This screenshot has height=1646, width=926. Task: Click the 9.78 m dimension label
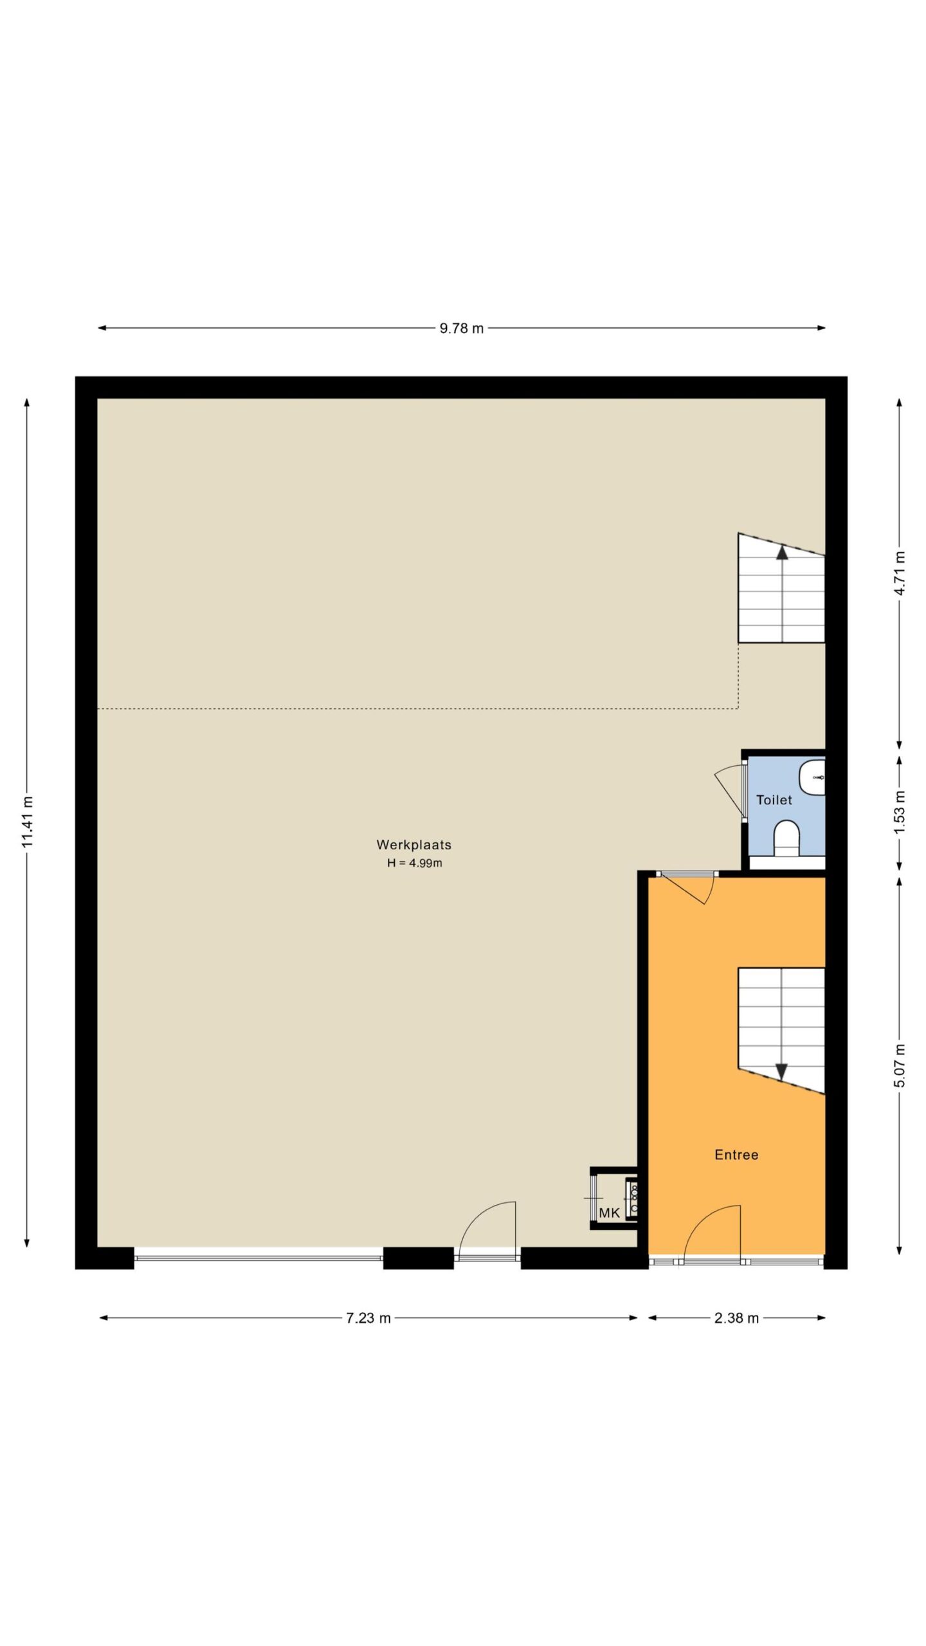461,329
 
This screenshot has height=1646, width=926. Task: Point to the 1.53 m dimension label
900,812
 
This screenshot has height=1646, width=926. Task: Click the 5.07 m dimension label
900,1065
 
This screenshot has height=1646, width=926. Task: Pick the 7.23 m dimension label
368,1318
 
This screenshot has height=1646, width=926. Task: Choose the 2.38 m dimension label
736,1318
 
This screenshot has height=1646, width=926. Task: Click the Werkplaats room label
414,845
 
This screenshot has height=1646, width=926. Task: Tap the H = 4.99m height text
414,864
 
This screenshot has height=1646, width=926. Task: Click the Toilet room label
774,800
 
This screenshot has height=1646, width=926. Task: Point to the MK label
610,1213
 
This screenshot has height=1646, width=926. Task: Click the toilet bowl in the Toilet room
786,838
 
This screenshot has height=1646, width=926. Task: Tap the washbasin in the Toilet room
812,777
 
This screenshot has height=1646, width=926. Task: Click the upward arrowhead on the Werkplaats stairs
782,553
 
